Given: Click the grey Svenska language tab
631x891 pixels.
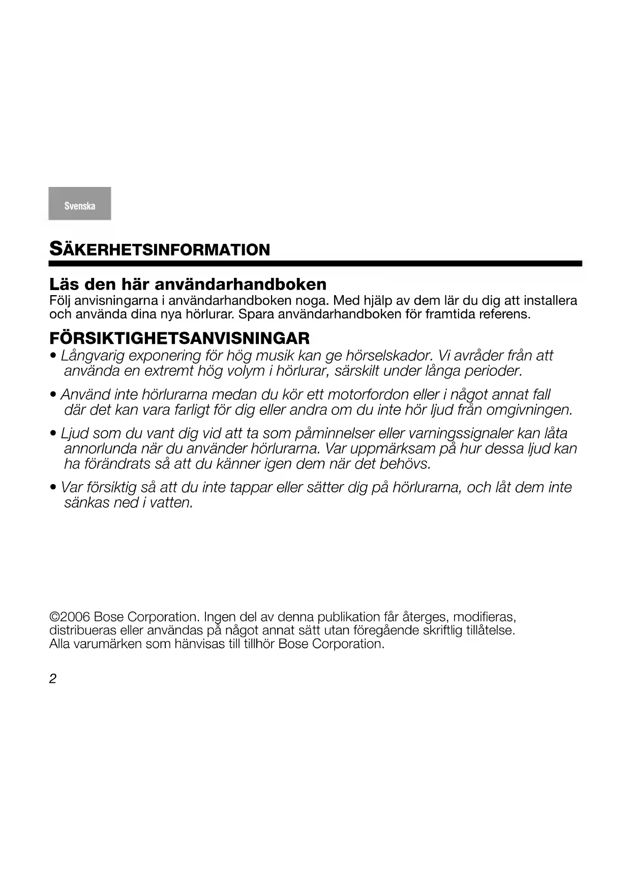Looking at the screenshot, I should coord(80,204).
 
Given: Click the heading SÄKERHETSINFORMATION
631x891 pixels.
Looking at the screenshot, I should coord(159,249).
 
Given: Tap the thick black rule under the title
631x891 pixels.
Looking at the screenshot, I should coord(315,264).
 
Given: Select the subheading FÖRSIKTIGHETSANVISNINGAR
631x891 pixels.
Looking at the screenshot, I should coord(179,338).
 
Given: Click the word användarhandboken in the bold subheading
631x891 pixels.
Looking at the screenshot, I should coord(241,283).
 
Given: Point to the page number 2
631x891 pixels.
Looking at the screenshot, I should coord(53,679).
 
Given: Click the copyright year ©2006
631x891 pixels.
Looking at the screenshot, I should coord(70,617).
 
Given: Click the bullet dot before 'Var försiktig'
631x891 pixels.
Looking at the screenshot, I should coord(53,488).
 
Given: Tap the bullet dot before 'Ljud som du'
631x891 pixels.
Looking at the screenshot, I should coord(53,434).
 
